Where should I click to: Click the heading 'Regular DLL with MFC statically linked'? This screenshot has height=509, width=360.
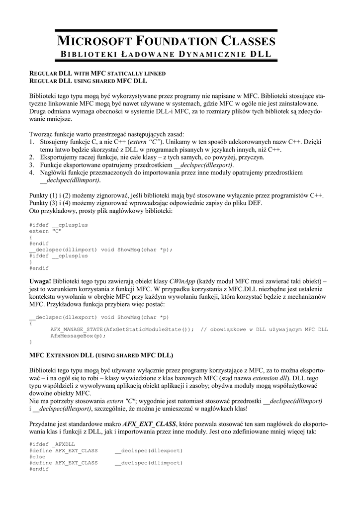point(97,73)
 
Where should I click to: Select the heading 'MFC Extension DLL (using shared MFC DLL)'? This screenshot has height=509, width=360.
point(101,355)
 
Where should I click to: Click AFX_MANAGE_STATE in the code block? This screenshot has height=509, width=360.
point(76,329)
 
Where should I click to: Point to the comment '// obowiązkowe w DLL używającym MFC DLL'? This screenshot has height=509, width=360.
point(264,329)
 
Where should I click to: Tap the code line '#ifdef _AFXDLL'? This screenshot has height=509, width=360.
point(52,443)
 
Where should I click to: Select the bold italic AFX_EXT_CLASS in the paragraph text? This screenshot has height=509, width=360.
point(149,424)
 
